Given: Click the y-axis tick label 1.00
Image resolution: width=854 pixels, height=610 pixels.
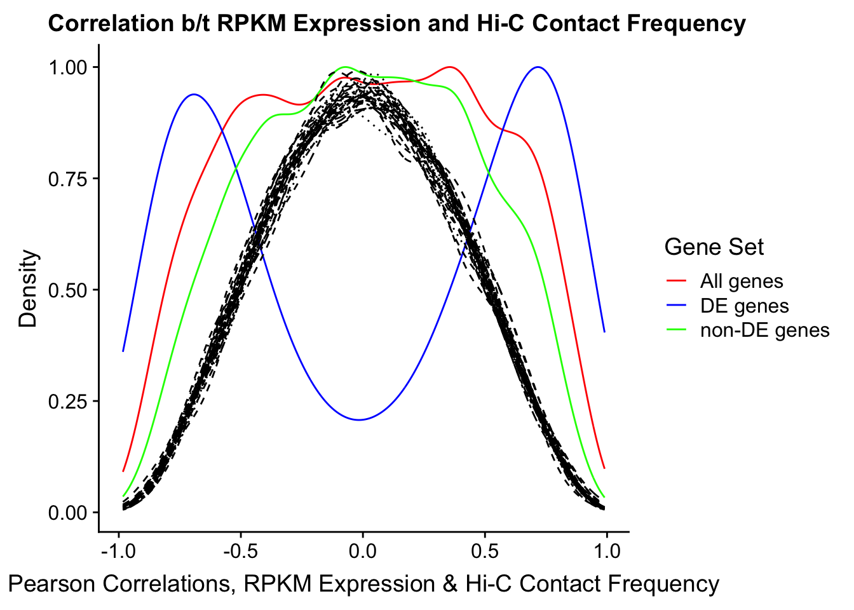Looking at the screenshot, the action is coord(68,67).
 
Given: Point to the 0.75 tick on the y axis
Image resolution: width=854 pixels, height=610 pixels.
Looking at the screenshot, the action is coord(68,179).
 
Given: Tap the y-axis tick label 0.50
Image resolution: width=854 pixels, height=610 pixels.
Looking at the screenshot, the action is coord(68,290).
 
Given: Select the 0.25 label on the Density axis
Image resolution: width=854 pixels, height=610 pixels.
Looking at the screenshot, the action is coord(68,402).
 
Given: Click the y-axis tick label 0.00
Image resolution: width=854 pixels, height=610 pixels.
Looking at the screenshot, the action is coord(68,513).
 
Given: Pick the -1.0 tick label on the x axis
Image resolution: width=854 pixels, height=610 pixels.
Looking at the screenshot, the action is coord(119,552).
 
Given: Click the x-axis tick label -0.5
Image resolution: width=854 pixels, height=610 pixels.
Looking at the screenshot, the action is coord(241,552).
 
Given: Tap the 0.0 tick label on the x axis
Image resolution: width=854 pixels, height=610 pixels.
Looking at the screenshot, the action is coord(363,552).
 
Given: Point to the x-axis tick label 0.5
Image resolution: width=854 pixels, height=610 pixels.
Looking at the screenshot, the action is coord(485,552).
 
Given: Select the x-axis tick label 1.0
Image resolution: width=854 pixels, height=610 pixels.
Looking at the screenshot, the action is coord(607,552).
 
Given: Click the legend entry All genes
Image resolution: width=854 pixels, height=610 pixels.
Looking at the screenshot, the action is coord(742,281).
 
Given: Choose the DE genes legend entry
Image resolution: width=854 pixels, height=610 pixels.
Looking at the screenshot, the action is coord(745,306).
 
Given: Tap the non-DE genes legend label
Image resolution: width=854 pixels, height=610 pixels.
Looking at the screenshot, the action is coord(765,330).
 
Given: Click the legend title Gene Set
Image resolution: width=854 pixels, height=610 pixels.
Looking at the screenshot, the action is coord(714,247).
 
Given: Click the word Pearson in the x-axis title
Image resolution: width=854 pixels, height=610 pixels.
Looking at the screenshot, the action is coord(52,584).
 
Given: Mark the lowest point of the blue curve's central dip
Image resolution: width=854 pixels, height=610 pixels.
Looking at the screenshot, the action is coord(359,420).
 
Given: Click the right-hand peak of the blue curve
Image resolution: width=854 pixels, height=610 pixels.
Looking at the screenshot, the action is coord(538,67).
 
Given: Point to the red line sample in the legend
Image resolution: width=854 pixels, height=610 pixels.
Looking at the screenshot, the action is coord(676,281).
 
